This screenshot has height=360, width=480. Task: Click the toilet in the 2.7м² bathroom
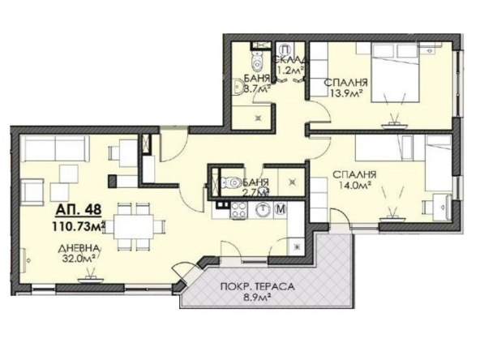click(x=231, y=183)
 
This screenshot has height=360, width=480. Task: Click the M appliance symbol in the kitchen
click(x=281, y=211)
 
